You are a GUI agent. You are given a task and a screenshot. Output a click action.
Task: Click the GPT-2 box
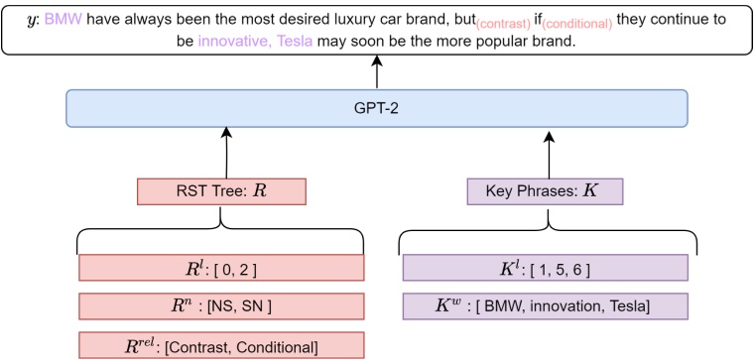tap(376, 108)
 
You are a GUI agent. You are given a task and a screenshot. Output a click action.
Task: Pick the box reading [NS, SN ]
tap(222, 306)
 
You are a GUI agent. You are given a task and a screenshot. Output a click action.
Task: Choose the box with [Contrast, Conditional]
tap(222, 344)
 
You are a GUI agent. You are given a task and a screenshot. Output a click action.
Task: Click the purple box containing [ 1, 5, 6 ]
tap(545, 268)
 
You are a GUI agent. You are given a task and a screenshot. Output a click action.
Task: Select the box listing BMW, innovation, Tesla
tap(545, 306)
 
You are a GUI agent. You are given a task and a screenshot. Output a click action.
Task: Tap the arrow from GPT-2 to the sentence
tap(376, 71)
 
